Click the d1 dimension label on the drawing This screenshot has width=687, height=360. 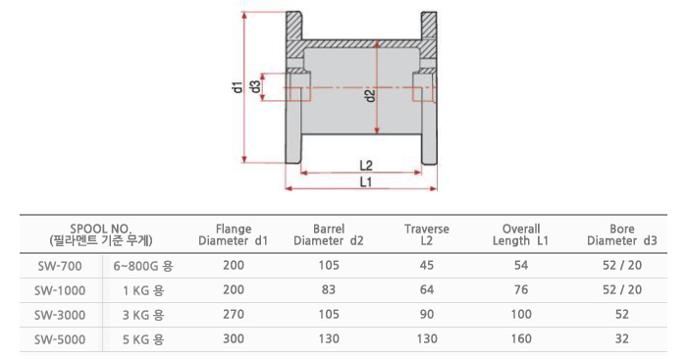click(x=238, y=86)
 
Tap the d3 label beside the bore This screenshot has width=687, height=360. click(x=256, y=86)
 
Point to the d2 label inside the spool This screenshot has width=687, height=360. click(x=371, y=95)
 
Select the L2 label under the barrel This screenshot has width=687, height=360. click(x=366, y=166)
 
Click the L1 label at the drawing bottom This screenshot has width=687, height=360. click(x=365, y=181)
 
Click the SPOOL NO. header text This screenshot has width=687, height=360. click(x=101, y=229)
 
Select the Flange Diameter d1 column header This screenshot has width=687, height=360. click(x=234, y=234)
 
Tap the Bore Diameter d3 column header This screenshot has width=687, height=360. click(x=622, y=234)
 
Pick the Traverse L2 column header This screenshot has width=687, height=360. click(x=426, y=234)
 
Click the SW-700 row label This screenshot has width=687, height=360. click(x=60, y=266)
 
